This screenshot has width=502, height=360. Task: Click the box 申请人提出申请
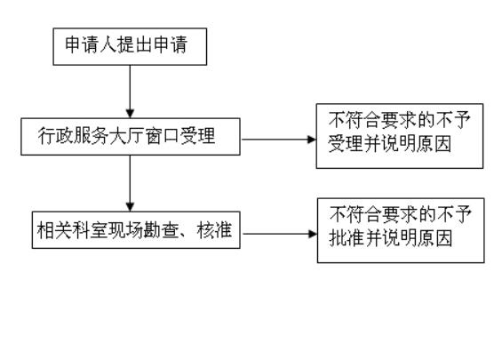tap(130, 47)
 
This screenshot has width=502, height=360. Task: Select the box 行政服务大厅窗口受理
tap(131, 137)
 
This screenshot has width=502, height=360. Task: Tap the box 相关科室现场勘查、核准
tap(136, 230)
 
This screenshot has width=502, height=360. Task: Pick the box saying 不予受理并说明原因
tap(400, 136)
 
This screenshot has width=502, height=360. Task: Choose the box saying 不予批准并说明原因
tap(401, 230)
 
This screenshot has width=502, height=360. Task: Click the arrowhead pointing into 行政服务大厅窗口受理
tap(130, 114)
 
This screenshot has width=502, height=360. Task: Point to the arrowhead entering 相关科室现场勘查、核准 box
tap(130, 207)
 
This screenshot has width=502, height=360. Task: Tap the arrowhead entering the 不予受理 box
tap(312, 140)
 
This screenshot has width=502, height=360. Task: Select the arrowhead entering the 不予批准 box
tap(313, 234)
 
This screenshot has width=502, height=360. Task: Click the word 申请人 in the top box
tap(91, 44)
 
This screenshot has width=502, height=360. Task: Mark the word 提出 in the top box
tap(135, 44)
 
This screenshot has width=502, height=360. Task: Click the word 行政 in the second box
tap(55, 136)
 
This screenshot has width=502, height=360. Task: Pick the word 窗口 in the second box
tap(162, 136)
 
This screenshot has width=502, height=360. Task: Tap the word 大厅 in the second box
tap(126, 136)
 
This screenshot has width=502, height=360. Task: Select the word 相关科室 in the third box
tap(72, 229)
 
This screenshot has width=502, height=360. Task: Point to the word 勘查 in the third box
tap(162, 229)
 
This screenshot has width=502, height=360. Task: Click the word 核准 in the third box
tap(214, 229)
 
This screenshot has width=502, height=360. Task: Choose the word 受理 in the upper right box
tap(346, 144)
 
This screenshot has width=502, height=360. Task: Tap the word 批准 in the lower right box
tap(347, 238)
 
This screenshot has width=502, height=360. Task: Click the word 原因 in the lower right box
tap(434, 238)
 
